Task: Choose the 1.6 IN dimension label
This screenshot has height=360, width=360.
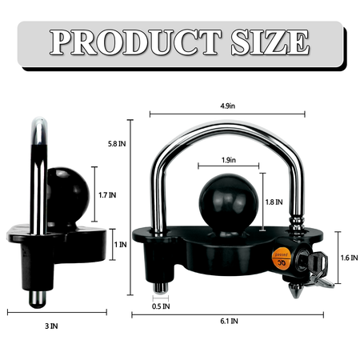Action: pos(343,258)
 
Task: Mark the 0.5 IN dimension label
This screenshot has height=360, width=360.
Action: pos(162,306)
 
